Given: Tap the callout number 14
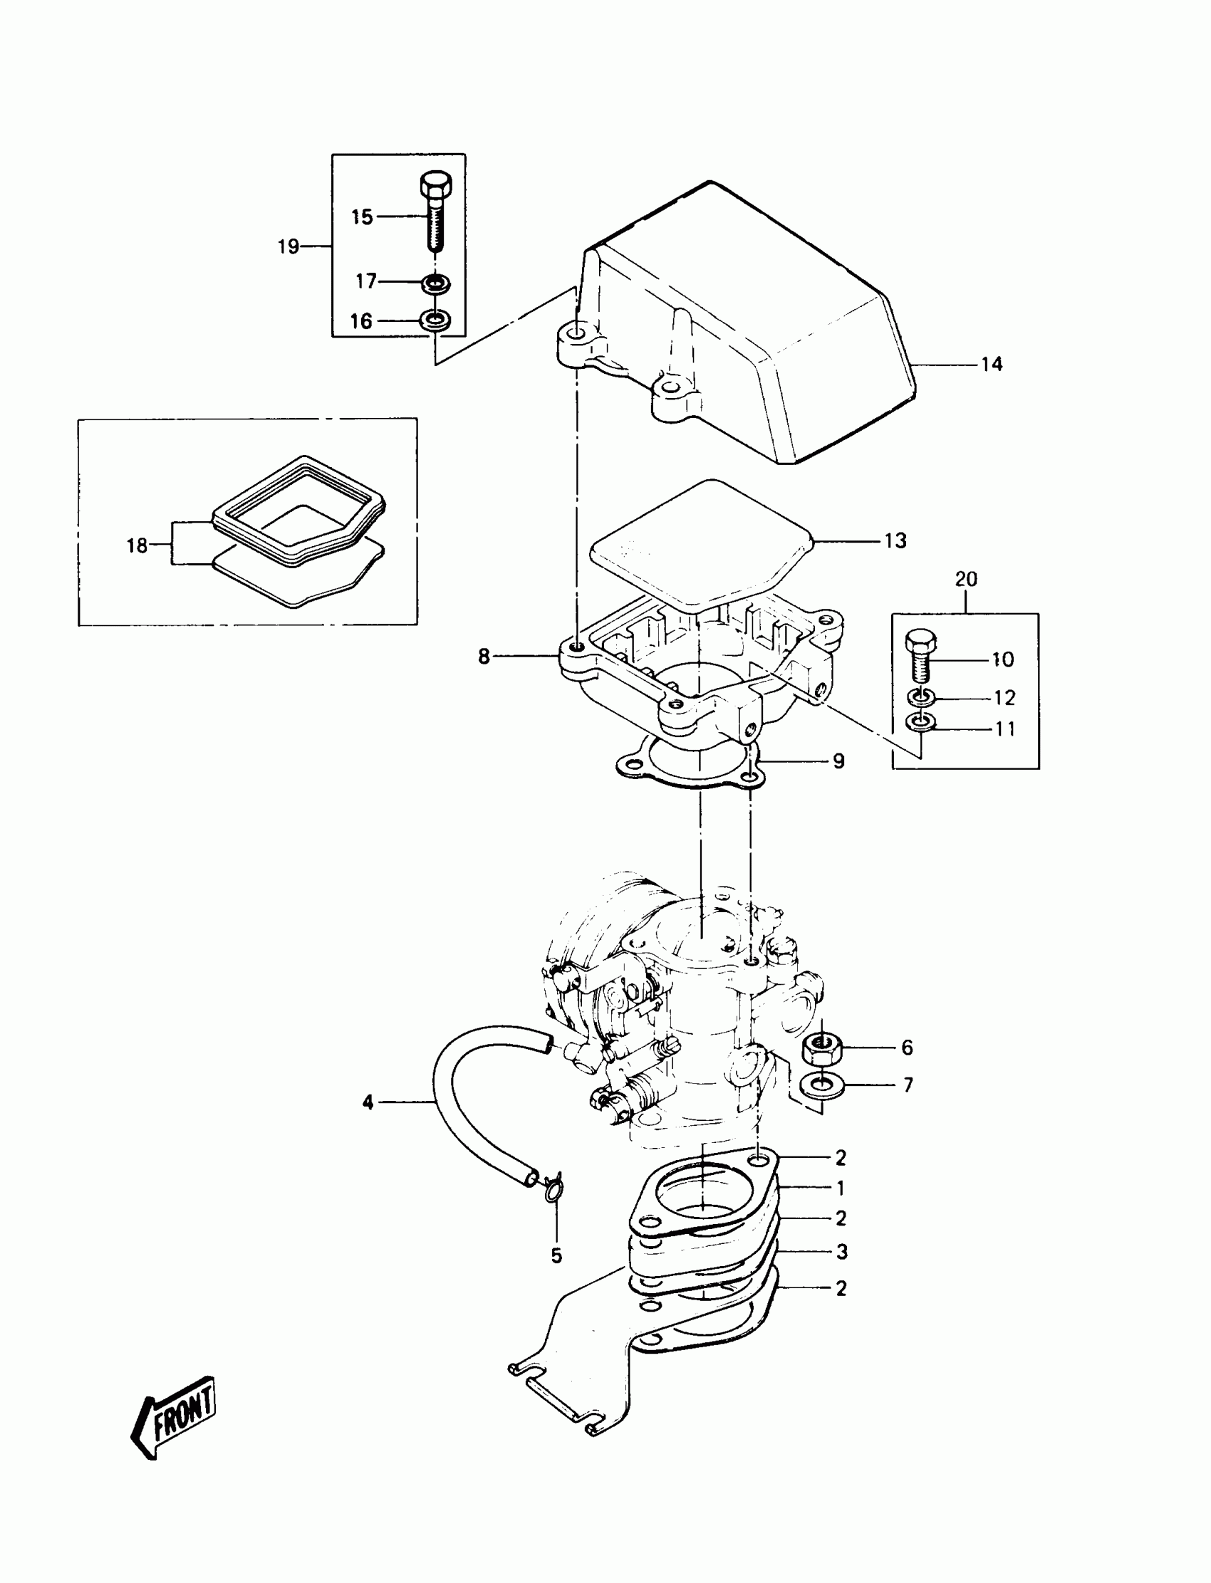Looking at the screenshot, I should (992, 365).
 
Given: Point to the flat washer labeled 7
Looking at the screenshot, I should (822, 1085).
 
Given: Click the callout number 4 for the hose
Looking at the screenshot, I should (368, 1102).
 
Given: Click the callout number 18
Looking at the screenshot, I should (137, 545).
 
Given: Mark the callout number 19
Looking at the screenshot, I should (289, 247).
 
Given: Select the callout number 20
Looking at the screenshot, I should (966, 580).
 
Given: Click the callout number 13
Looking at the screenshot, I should (895, 540).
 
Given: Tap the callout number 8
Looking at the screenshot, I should (484, 657).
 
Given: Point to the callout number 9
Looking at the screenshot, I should (838, 762).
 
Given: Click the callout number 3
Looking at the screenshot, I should (842, 1253).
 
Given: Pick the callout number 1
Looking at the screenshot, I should (841, 1188).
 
